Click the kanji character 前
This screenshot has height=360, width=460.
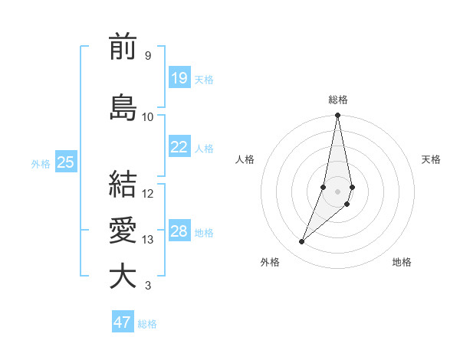coord(123,48)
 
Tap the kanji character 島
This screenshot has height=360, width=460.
coord(123,107)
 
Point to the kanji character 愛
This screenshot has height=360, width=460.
coord(123,231)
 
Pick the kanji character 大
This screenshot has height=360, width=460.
coord(123,277)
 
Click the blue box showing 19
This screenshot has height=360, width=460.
coord(179,78)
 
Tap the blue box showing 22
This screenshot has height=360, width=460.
coord(179,147)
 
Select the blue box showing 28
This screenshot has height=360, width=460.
coord(179,231)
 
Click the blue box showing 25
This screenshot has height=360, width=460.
coord(66,162)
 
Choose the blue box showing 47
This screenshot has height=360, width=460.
coord(123,322)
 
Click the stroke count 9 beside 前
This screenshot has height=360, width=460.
coord(147,56)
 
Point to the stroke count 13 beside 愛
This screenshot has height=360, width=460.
coord(148,240)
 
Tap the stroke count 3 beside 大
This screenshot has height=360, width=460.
coord(147,286)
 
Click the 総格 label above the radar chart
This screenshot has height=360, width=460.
coord(338,100)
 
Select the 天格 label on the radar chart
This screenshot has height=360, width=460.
coord(431,159)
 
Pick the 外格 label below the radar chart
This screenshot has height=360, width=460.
coord(270,263)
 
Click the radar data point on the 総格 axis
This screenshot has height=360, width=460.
coord(338,116)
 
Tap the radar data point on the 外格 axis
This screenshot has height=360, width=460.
coord(302,242)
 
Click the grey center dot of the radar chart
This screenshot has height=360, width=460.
coord(338,191)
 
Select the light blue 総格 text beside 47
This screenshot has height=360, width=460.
coord(147,324)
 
